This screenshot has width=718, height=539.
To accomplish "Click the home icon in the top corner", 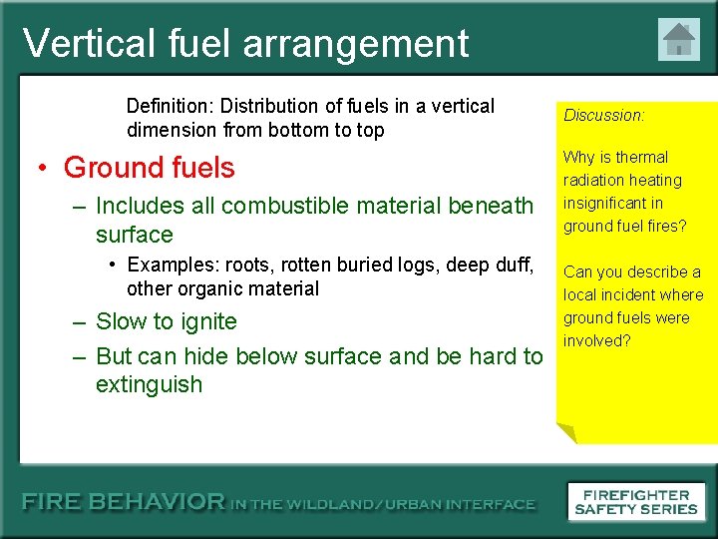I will [x=679, y=40].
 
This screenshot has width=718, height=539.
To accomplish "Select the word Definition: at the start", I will [x=171, y=106].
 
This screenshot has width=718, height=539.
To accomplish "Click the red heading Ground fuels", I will [x=149, y=167].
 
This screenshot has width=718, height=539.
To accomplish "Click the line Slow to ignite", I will [x=166, y=321].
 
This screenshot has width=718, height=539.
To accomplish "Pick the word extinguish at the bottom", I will [x=149, y=384].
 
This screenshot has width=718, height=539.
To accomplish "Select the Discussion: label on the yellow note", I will [x=604, y=115].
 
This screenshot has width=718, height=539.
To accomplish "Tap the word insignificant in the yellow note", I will [x=612, y=203].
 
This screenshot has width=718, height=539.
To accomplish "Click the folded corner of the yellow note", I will [x=566, y=432].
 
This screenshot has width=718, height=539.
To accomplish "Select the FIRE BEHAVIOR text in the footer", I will [x=125, y=503].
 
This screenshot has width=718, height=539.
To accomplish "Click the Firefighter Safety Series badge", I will [x=637, y=501].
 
